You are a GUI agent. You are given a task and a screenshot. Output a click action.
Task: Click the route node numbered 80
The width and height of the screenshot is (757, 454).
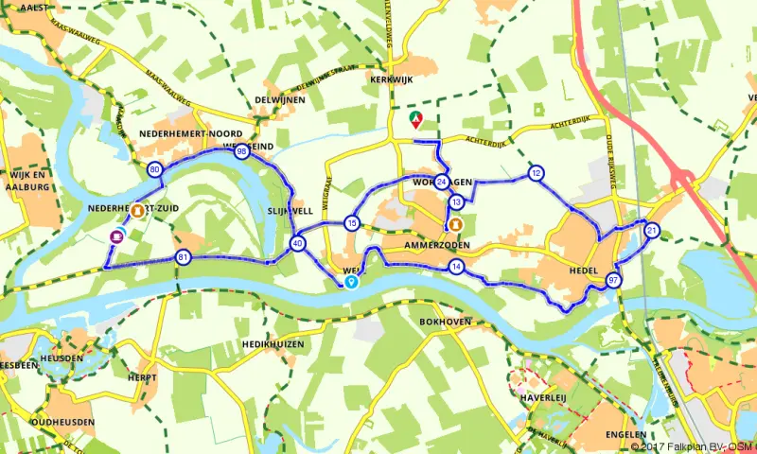point(155,169)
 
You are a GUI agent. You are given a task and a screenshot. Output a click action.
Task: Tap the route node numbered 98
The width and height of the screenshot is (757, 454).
point(242,151)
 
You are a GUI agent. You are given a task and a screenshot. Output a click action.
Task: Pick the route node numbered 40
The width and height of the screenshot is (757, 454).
point(299,244)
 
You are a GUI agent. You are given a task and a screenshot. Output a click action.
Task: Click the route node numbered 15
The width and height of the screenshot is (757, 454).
point(352,223)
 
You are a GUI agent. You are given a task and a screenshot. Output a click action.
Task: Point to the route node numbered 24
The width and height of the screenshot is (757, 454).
point(442,183)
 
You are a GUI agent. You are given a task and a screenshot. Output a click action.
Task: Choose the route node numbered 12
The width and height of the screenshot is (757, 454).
point(537,173)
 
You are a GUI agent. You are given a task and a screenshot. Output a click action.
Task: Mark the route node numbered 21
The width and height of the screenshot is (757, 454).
point(651,231)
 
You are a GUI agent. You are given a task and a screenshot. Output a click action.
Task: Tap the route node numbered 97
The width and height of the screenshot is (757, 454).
point(614,280)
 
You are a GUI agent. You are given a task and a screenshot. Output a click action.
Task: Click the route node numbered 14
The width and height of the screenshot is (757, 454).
point(456,268)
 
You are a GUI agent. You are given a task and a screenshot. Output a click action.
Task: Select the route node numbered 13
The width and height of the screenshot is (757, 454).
point(456,201)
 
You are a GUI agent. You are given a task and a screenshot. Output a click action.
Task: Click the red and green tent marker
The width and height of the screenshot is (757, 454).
point(414,120)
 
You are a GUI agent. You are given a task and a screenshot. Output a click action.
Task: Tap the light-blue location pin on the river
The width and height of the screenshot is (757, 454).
point(351,281)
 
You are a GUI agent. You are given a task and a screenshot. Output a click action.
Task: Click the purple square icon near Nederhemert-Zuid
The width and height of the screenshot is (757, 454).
point(116,236)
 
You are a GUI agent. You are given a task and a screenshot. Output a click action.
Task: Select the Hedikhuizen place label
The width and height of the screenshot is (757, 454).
point(273,344)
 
